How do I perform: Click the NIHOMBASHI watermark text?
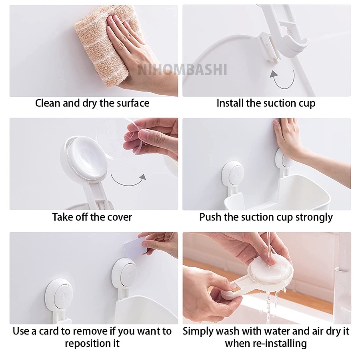point(182,70)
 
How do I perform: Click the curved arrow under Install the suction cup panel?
point(283,80)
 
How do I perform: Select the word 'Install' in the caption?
point(230,103)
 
